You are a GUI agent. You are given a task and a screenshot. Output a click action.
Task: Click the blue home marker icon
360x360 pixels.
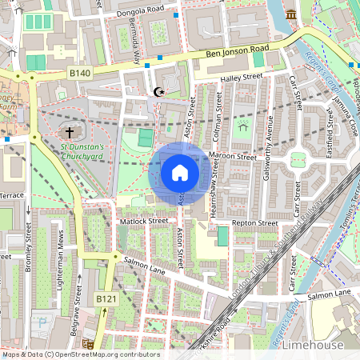coord(180,172)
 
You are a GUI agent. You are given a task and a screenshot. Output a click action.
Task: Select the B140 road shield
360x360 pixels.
coord(79,73)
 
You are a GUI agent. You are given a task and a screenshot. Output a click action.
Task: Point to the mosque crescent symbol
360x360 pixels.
coord(158,92)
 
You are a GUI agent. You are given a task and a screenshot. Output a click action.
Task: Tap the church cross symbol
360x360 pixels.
coord(70,132)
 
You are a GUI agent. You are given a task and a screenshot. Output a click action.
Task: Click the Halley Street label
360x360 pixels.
coord(241,78)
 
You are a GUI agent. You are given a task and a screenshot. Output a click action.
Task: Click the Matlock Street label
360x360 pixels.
coord(144,221)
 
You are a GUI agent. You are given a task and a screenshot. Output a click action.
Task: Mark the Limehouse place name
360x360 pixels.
coord(314,345)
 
